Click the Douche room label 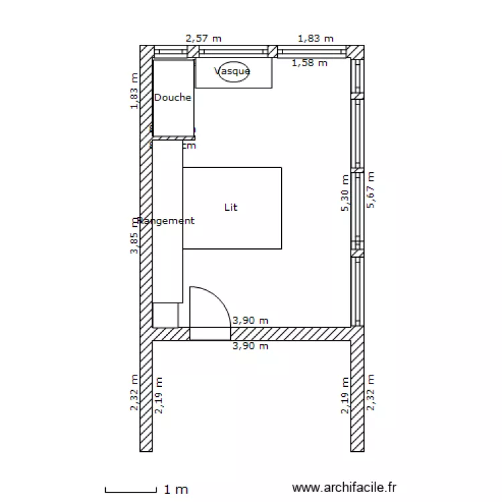coord(173,98)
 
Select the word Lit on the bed coord(231,207)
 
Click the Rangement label coord(165,221)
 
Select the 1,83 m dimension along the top coord(315,39)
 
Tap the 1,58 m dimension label coord(310,64)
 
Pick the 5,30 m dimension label coord(345,193)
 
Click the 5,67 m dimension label coord(371,189)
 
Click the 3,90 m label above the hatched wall coord(250,321)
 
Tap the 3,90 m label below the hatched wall coord(250,346)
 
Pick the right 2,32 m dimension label coord(371,392)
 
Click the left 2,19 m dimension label coord(159,396)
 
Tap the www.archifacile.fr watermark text coord(345,489)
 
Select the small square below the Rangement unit coord(165,315)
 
